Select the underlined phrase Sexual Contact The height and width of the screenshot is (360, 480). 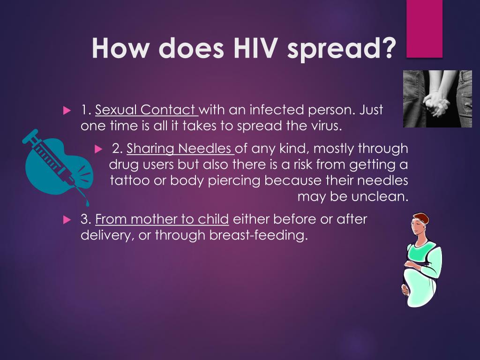coord(146,110)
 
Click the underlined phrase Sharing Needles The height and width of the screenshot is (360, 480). coord(180,149)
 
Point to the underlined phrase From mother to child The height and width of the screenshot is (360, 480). coord(162,219)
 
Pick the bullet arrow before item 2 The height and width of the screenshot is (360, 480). coord(98,150)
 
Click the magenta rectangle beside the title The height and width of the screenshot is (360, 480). coord(424,28)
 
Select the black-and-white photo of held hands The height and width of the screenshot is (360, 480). coord(437,99)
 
